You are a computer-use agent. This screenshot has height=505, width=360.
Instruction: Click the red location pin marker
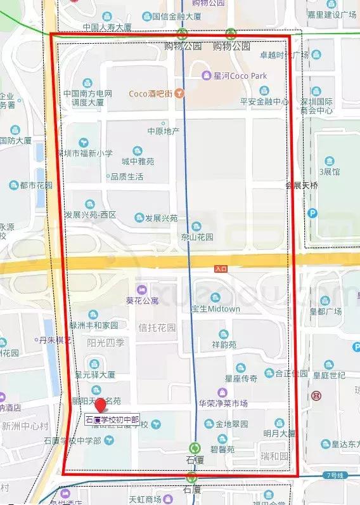[100, 406]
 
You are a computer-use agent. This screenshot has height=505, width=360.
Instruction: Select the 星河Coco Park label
[240, 76]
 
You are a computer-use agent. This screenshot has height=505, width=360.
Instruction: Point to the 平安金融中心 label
[264, 102]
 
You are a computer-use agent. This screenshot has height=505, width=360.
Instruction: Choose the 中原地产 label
[164, 131]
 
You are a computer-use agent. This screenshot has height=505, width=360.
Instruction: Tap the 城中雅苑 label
[138, 161]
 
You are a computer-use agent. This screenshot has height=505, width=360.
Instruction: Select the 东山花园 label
[197, 237]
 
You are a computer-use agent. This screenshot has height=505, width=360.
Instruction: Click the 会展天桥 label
[302, 186]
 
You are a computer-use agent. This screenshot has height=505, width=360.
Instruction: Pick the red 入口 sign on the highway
[221, 269]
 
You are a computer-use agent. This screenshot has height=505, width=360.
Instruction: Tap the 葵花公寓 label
[142, 300]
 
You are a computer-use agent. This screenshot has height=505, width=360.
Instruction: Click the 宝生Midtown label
[215, 309]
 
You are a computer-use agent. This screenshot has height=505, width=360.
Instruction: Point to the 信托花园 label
[157, 328]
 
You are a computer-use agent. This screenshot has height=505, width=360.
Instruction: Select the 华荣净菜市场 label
[222, 403]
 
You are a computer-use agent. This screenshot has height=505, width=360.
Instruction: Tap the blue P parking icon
[312, 214]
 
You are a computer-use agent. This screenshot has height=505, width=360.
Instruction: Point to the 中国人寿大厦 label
[107, 27]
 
